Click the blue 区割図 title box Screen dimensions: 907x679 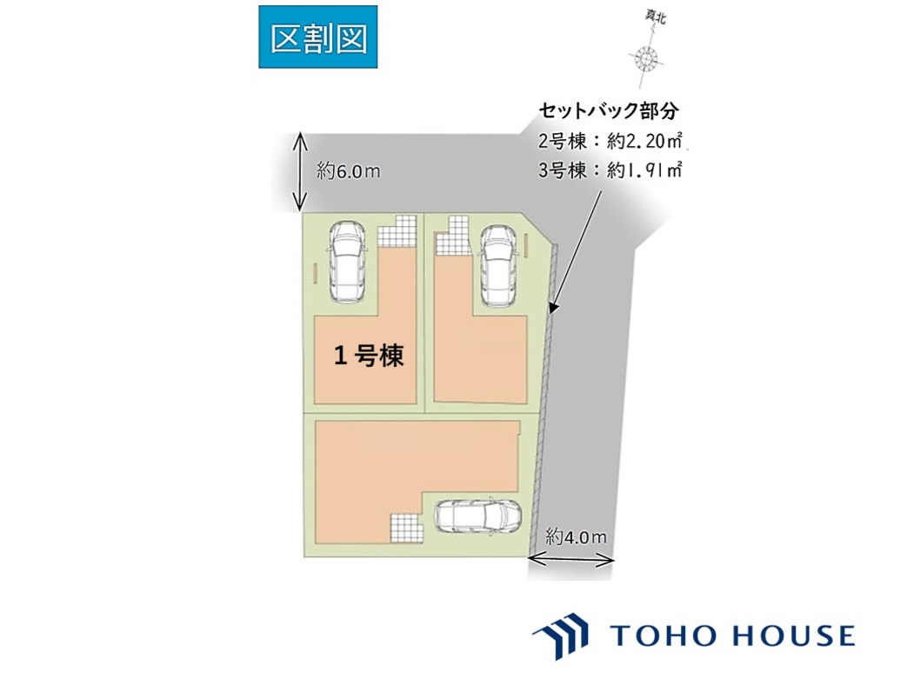coord(317,37)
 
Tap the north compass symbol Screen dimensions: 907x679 coord(646,58)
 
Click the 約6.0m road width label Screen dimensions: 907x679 coord(348,171)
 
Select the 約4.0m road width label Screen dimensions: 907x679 coord(577,537)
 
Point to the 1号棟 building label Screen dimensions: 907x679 coord(369,355)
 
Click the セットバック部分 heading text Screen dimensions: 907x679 coord(609,110)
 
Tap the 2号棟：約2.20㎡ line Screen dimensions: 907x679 coord(610,141)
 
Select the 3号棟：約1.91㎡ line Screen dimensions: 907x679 coord(610,170)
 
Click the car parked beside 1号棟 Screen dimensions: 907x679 coord(346,262)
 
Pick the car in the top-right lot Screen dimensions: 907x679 coord(498,265)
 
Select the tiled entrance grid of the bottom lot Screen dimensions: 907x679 coord(407,528)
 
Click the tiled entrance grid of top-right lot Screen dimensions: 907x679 coord(452,235)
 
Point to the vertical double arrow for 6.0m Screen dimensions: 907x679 coord(299,172)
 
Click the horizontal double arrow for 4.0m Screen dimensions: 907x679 coord(571,559)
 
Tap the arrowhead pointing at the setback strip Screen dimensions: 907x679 coord(553,309)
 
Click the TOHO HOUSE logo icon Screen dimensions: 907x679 coord(561,635)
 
